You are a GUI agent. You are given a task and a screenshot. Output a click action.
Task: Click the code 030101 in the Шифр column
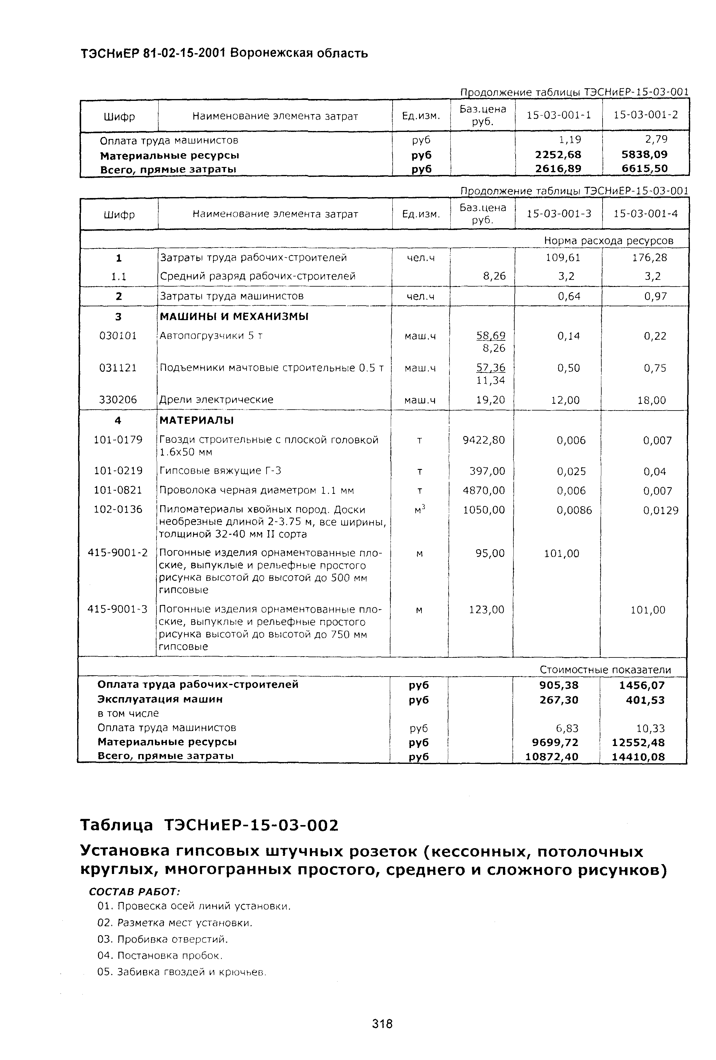point(118,336)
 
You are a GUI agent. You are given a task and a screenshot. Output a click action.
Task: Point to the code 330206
point(118,399)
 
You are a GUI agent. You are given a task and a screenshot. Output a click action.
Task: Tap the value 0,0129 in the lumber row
point(660,511)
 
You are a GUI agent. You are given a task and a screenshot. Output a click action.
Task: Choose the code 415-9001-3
point(118,609)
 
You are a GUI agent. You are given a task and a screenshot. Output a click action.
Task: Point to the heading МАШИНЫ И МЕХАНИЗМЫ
point(234,316)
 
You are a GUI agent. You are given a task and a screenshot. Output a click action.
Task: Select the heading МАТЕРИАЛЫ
point(196,420)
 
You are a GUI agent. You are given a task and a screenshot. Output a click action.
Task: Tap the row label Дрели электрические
point(216,399)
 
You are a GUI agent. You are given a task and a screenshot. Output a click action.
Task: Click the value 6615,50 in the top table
point(644,169)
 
